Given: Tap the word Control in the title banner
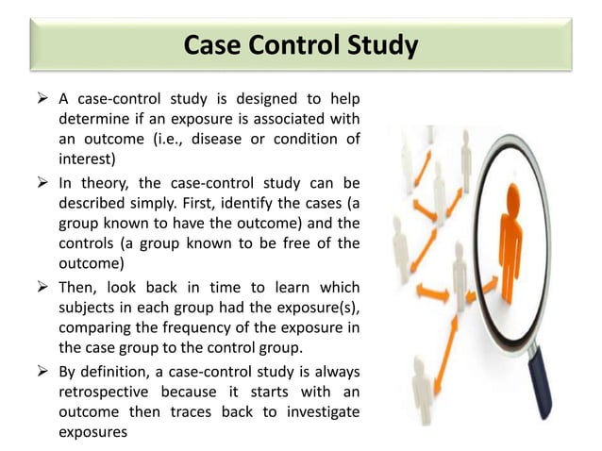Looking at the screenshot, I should click(x=293, y=45).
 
